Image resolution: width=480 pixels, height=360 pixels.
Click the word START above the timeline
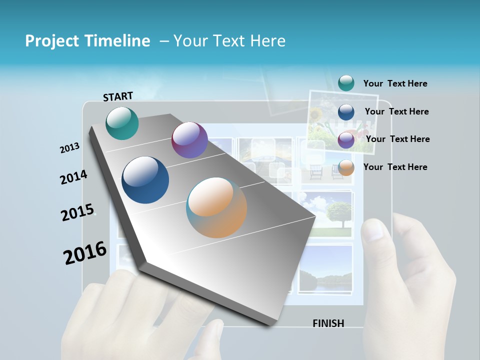pos(118,96)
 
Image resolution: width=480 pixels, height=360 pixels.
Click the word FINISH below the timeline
pos(328,323)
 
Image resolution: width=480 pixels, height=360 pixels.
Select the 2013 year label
pos(69,148)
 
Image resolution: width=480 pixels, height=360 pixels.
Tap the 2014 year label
pos(73,177)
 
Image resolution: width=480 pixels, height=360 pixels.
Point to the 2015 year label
pos(77,212)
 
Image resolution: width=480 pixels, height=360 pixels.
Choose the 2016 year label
pos(85,253)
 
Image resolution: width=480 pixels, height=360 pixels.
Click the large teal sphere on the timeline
pos(122,123)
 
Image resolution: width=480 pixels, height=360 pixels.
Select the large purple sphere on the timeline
pos(189,140)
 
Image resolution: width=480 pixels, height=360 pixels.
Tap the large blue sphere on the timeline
pos(145,180)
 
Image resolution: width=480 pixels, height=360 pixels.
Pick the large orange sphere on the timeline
pos(216,207)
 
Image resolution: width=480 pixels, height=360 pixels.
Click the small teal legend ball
pos(346,83)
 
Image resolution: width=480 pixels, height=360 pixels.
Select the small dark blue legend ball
pos(346,112)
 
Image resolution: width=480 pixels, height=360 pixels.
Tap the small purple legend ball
pos(346,140)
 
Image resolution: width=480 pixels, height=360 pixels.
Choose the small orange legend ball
pos(346,167)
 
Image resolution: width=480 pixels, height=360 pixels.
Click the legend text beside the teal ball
pos(395,83)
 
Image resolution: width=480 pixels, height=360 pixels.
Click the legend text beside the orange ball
pos(395,167)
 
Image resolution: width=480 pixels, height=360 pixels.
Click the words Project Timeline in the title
pos(87,41)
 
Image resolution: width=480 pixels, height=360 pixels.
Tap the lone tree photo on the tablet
pos(332,212)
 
